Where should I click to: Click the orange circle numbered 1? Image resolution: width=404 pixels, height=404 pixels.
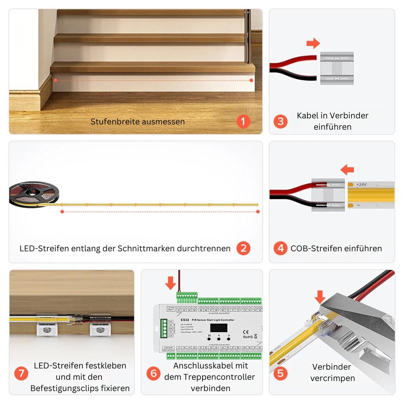tap(243, 121)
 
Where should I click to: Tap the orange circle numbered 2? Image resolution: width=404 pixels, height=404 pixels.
tap(243, 248)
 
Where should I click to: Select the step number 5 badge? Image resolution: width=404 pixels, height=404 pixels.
tap(280, 373)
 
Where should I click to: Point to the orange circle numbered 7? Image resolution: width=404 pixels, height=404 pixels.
tap(21, 373)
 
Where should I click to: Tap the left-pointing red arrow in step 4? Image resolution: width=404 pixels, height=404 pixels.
tap(347, 169)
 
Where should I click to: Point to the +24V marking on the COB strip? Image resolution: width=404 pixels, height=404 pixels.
tap(361, 184)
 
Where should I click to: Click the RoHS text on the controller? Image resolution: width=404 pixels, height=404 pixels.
tap(248, 337)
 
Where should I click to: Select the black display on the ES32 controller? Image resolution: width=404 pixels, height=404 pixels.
tap(219, 328)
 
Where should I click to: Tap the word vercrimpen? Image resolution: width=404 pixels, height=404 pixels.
tap(333, 379)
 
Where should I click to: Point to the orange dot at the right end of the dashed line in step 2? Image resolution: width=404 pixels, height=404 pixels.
tap(258, 211)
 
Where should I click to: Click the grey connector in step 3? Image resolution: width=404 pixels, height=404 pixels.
tap(337, 68)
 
